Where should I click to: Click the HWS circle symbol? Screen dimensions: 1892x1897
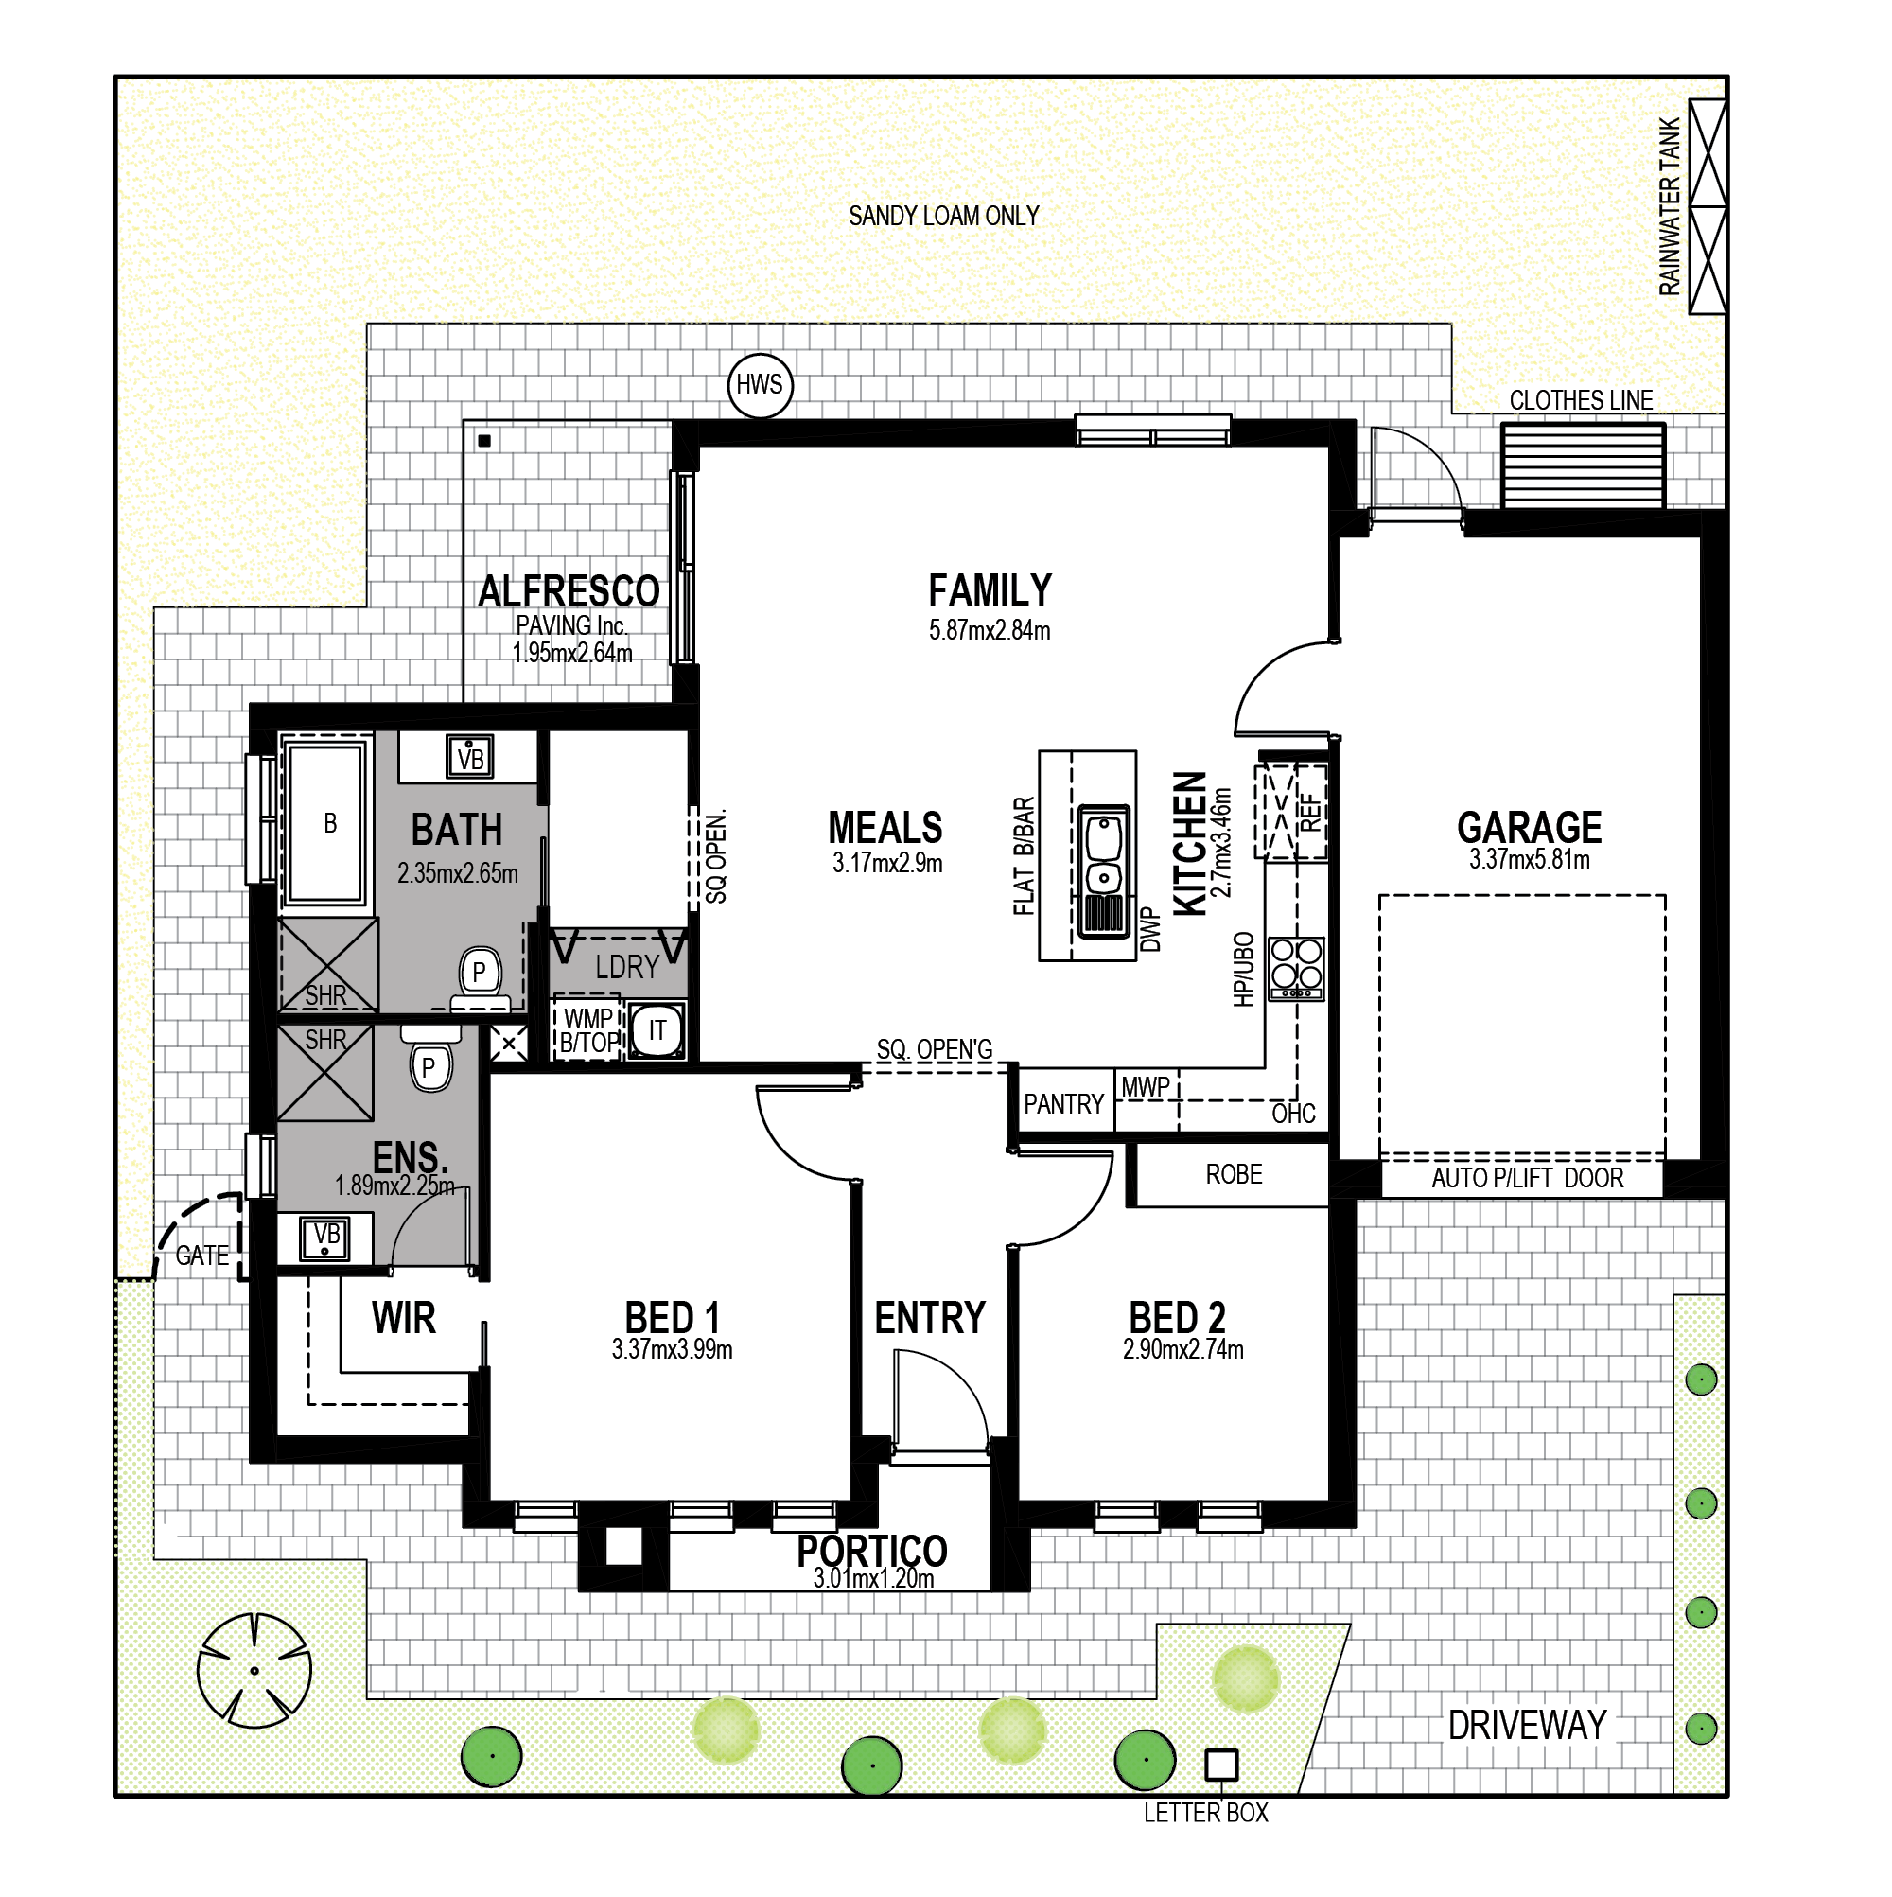(759, 385)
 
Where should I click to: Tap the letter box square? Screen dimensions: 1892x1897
(1220, 1765)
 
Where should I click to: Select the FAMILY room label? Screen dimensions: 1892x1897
(990, 590)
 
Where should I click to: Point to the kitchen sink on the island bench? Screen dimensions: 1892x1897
(1103, 872)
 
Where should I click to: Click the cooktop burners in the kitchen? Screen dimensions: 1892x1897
(1296, 968)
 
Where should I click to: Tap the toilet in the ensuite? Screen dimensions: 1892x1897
(429, 1059)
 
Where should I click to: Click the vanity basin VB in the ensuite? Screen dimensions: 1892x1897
(326, 1236)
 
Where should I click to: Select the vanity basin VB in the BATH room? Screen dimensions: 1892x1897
(470, 757)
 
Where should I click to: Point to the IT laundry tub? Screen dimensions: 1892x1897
(656, 1030)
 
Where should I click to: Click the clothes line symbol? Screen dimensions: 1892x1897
(1582, 465)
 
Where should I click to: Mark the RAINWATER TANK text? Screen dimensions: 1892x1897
(1668, 206)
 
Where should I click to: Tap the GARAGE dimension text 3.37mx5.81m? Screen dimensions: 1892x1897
(1529, 859)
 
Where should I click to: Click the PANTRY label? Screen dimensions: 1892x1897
(1063, 1105)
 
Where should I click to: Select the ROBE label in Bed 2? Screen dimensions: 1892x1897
(1234, 1174)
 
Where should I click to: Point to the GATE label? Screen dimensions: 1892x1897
(202, 1256)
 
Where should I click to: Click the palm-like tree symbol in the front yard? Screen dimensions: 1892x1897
(254, 1670)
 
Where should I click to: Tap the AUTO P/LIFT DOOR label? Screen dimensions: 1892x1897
(1527, 1178)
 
